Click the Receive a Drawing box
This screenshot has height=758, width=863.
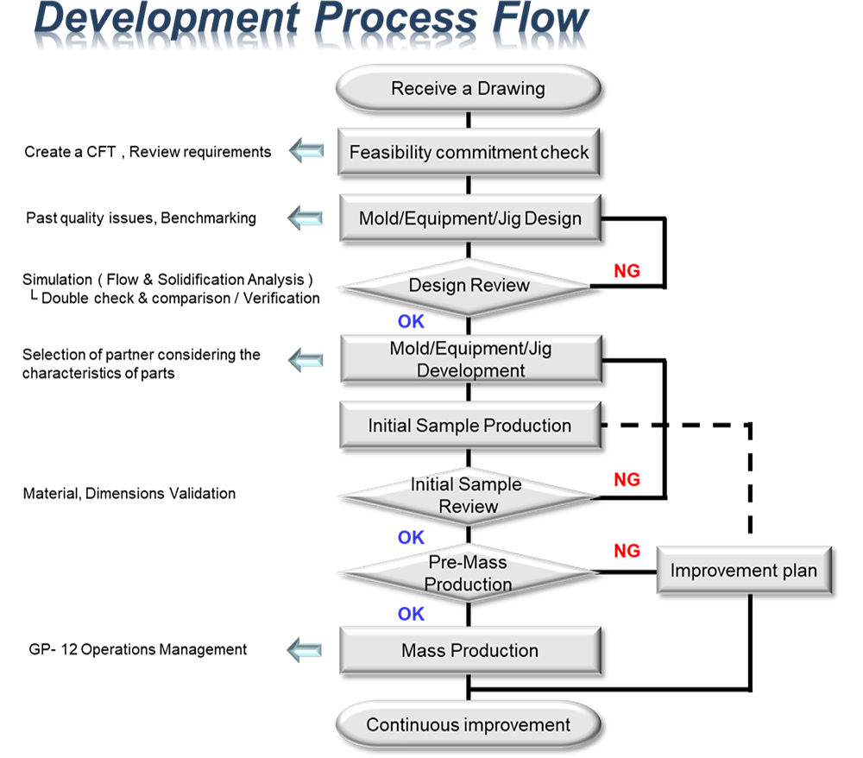click(x=469, y=89)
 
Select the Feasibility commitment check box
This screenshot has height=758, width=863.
click(x=469, y=152)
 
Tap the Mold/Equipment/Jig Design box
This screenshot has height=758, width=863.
click(x=470, y=218)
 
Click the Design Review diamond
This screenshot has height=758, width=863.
click(x=469, y=287)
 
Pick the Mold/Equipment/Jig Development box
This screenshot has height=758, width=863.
click(x=471, y=359)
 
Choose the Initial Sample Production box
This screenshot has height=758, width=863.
click(x=470, y=426)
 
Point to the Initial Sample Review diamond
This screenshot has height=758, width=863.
click(x=467, y=496)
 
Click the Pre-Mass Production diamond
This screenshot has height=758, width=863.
click(x=469, y=573)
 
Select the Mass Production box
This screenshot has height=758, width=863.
click(x=470, y=650)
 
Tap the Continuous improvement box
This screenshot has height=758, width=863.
click(x=469, y=725)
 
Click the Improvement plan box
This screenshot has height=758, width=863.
click(x=744, y=571)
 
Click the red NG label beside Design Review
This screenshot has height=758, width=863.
click(x=627, y=271)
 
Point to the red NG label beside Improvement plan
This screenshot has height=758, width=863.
click(x=627, y=551)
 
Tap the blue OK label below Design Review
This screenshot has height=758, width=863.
click(x=411, y=321)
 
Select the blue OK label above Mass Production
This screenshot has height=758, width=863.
click(x=411, y=614)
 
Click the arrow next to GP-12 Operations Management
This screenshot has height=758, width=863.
click(x=305, y=650)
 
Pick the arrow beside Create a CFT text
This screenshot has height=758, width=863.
click(x=306, y=150)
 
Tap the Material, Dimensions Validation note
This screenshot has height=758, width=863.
click(x=129, y=493)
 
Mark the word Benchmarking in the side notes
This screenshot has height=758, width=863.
click(x=209, y=218)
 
